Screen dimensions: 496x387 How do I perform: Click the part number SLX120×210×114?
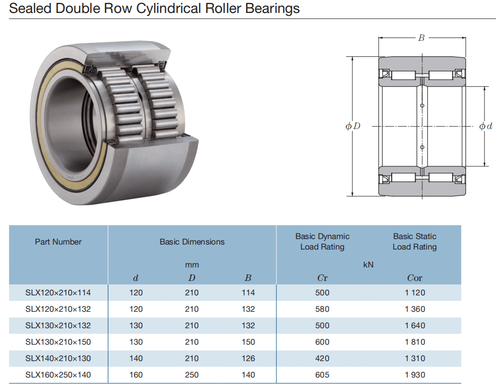point(58,293)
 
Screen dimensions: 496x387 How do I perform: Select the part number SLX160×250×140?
point(58,375)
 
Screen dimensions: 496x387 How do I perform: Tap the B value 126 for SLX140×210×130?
point(248,358)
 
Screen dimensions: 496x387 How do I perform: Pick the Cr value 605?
point(322,375)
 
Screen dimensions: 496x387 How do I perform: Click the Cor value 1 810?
point(415,342)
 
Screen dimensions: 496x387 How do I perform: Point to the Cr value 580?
point(322,309)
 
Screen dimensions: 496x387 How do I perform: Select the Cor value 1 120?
point(415,293)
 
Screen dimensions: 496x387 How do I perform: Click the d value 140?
point(136,358)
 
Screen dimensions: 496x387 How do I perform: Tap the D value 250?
point(192,375)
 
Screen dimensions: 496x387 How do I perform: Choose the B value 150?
point(248,342)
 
